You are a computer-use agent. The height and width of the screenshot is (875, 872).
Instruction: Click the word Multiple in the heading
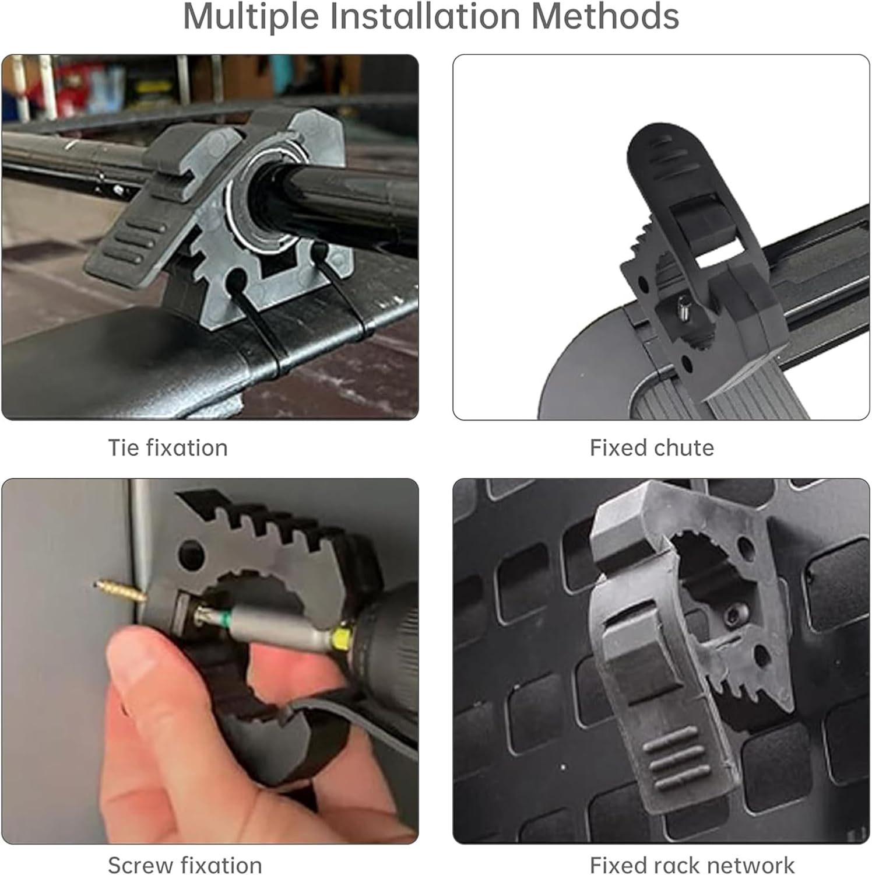pos(251,16)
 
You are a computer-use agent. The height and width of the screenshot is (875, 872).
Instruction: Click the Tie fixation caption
pos(168,448)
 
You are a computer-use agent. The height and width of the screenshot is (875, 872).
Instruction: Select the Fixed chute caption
pos(652,448)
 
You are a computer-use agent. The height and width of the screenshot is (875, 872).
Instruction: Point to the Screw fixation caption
pos(185,864)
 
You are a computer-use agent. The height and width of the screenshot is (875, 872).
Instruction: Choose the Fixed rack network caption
pos(692,864)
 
